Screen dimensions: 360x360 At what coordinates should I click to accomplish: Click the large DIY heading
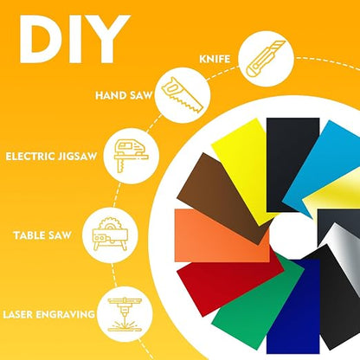point(74,39)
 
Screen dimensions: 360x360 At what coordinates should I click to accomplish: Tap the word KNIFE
point(215,59)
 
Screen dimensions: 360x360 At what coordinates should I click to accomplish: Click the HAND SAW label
point(124,95)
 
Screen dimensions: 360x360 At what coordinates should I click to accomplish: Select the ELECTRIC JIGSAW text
point(51,157)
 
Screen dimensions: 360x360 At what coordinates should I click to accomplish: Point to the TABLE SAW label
point(42,235)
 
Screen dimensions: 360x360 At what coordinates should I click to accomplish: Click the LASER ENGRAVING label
point(48,314)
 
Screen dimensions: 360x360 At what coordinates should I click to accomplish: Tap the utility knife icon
point(266,59)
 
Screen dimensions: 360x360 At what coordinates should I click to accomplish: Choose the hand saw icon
point(183,95)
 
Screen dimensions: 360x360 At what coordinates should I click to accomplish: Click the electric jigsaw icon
point(132,156)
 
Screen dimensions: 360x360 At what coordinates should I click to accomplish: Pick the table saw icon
point(110,234)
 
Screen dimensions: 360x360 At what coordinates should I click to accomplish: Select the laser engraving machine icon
point(125,315)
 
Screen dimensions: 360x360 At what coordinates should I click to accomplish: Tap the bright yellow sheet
point(244,167)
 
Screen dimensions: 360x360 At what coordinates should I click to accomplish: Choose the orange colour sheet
point(219,235)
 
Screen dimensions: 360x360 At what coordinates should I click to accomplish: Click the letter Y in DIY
point(109,39)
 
